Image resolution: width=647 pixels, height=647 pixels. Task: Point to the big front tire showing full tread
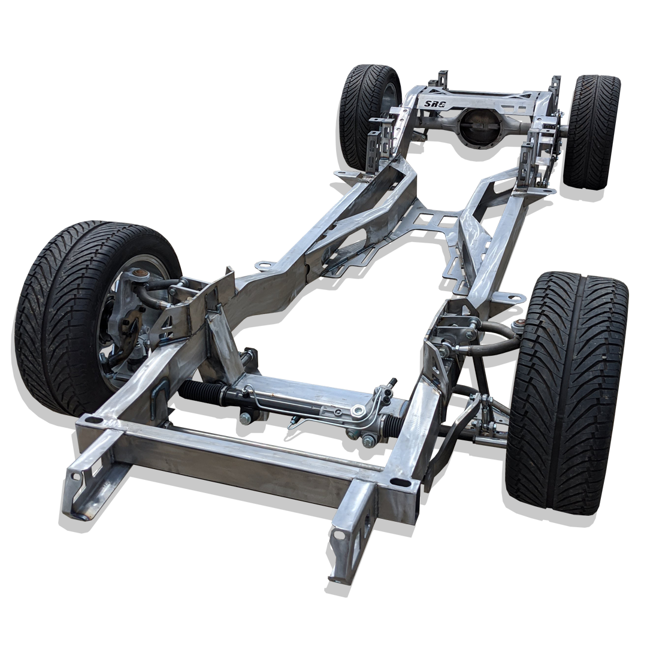click(x=566, y=389)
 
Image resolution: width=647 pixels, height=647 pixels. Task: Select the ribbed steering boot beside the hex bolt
click(x=202, y=392)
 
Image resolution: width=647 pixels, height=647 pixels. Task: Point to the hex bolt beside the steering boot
click(x=245, y=418)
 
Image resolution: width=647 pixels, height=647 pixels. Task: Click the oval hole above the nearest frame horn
click(x=396, y=482)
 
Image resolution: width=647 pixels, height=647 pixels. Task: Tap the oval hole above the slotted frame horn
click(x=93, y=421)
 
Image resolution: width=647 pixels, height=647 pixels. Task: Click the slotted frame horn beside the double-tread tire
click(x=90, y=473)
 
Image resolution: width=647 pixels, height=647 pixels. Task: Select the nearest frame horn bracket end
click(x=350, y=539)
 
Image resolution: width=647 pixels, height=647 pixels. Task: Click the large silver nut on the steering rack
click(x=359, y=410)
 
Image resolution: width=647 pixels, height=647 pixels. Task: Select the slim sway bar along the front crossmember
click(x=270, y=436)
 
